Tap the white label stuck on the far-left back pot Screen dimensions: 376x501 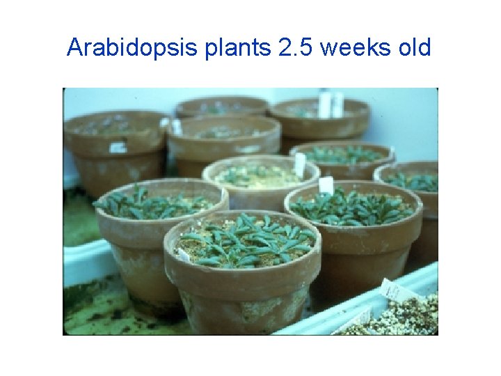click(x=118, y=148)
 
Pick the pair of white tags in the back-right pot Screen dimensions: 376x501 click(x=330, y=105)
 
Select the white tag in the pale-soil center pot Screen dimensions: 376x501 click(x=300, y=164)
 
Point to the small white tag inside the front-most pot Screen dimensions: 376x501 click(x=184, y=255)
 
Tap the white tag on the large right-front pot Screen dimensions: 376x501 click(x=326, y=185)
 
